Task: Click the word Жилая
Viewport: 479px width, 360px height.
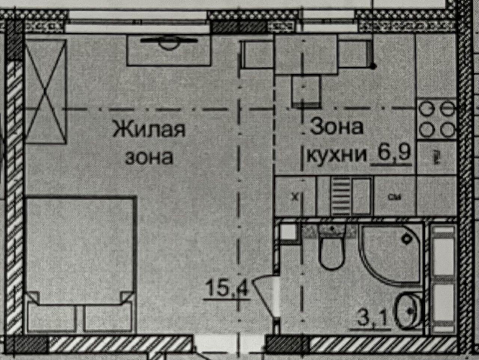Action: pos(149,130)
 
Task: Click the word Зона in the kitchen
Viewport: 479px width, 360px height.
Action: pos(336,127)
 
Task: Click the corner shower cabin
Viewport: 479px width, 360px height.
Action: pos(393,250)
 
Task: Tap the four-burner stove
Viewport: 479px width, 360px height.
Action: pos(436,120)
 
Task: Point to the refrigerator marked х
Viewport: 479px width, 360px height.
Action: pos(295,197)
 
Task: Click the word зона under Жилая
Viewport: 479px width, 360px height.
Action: pos(149,157)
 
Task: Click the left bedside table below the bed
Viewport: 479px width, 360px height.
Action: pos(51,318)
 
